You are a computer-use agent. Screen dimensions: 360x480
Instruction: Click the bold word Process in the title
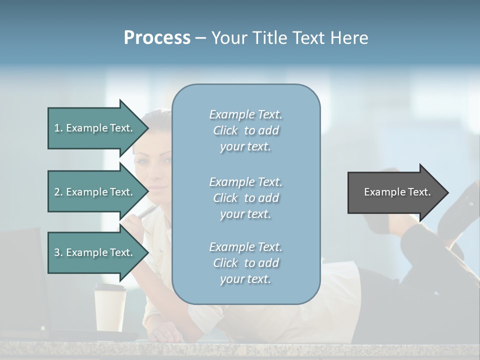point(157,37)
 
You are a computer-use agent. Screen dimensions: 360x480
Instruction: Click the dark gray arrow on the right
point(395,192)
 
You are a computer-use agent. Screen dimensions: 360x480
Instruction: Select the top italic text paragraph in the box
point(245,130)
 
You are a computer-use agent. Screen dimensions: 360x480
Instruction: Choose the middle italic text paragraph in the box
point(245,198)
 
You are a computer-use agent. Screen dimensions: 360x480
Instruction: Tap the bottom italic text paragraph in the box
point(245,263)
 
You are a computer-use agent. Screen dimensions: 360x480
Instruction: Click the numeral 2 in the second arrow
point(57,192)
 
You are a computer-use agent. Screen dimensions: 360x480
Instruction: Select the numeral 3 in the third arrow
point(57,252)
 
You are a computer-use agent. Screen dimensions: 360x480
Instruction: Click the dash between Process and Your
point(201,38)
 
